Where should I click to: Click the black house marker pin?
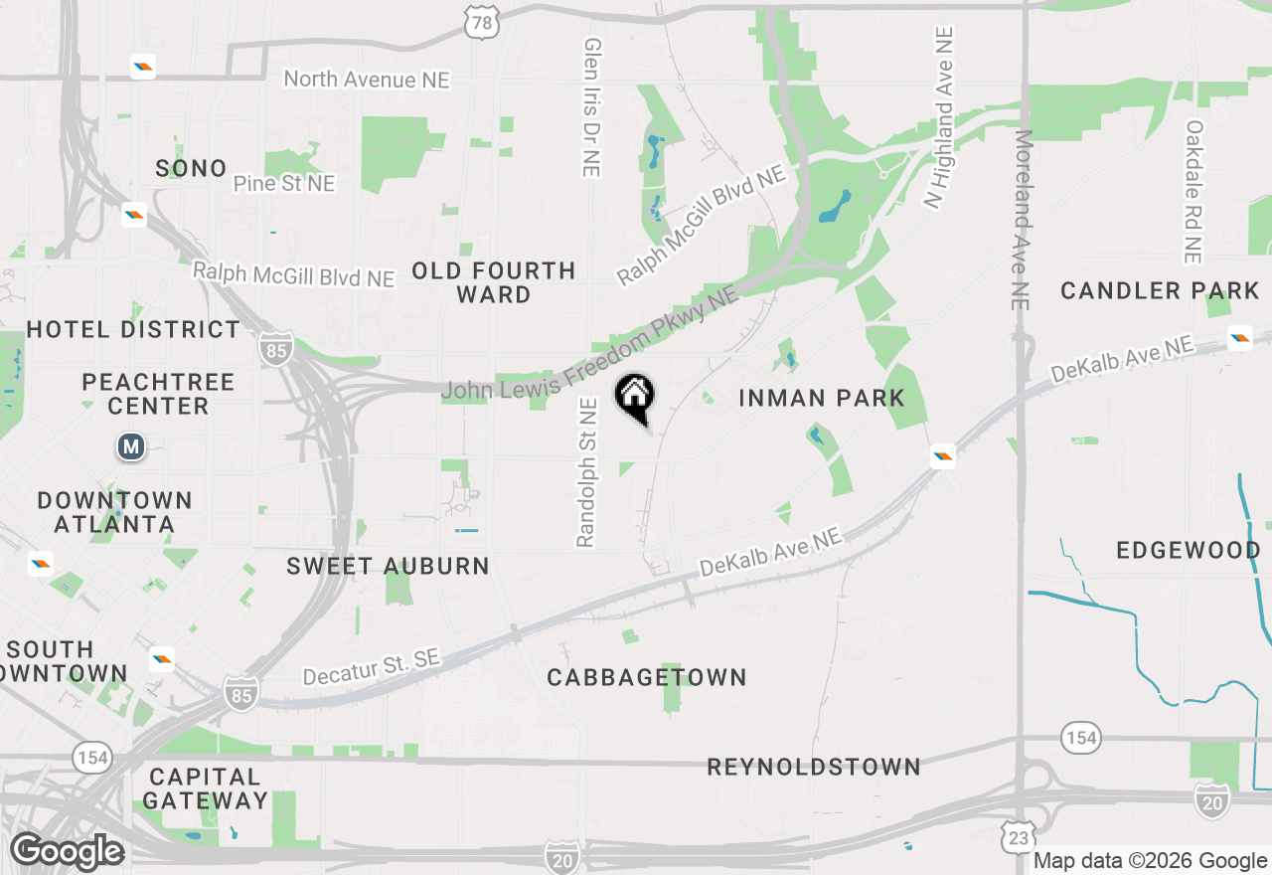(x=635, y=397)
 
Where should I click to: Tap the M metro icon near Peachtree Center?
(x=131, y=446)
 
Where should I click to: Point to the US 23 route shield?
(x=1019, y=838)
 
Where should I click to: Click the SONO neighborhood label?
(x=191, y=168)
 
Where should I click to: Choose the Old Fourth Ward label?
(x=494, y=282)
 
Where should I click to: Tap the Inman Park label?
(x=822, y=398)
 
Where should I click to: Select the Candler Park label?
(x=1160, y=290)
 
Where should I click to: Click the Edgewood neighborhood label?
(x=1188, y=550)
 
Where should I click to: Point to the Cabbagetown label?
(x=647, y=677)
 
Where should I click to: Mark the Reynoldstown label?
(x=814, y=767)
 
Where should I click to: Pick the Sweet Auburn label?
(x=388, y=566)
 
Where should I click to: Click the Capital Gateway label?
(x=205, y=787)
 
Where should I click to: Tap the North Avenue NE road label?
(x=367, y=80)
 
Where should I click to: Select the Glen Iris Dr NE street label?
(x=592, y=107)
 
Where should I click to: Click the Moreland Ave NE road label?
(x=1025, y=219)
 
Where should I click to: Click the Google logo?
(x=67, y=852)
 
